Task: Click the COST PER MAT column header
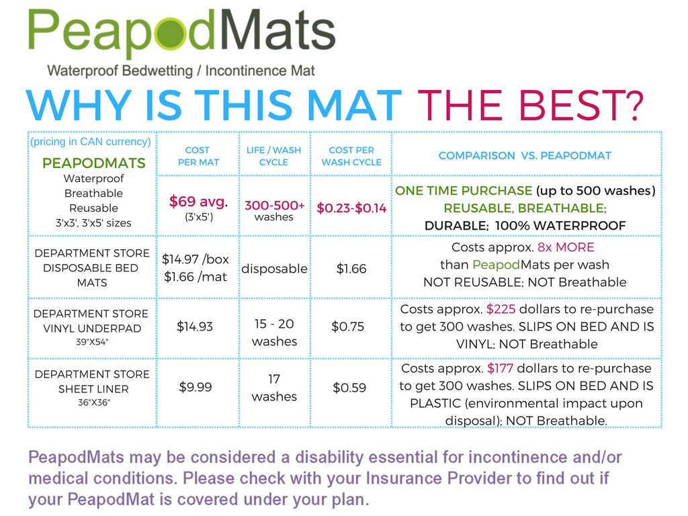pos(198,156)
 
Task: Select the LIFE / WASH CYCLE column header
pos(274,156)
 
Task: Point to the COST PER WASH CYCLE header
pos(351,156)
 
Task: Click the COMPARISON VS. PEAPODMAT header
pos(525,156)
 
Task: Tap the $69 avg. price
pos(198,202)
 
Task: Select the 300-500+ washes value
pos(274,210)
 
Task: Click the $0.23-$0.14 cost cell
pos(351,208)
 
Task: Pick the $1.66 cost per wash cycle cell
pos(351,269)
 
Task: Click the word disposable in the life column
pos(274,269)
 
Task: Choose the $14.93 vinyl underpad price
pos(195,327)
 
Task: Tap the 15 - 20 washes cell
pos(274,333)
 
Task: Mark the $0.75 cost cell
pos(348,327)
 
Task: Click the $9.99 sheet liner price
pos(196,387)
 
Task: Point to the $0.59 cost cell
pos(349,388)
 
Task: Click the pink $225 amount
pos(501,309)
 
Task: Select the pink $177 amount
pos(500,369)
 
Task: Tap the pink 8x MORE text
pos(566,247)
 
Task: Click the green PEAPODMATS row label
pos(94,163)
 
